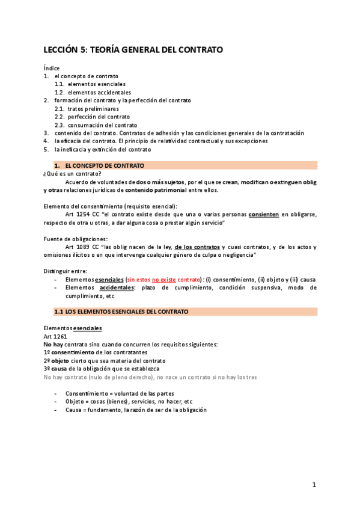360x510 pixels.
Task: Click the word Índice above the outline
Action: pyautogui.click(x=52, y=68)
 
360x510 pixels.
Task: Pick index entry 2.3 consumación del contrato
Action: pyautogui.click(x=103, y=124)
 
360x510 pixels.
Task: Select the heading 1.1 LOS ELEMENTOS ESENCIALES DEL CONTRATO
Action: pyautogui.click(x=121, y=312)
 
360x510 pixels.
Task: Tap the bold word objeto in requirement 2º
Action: pyautogui.click(x=60, y=360)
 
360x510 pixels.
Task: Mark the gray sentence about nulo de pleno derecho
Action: pyautogui.click(x=150, y=377)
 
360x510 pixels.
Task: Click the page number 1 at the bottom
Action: pyautogui.click(x=314, y=485)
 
